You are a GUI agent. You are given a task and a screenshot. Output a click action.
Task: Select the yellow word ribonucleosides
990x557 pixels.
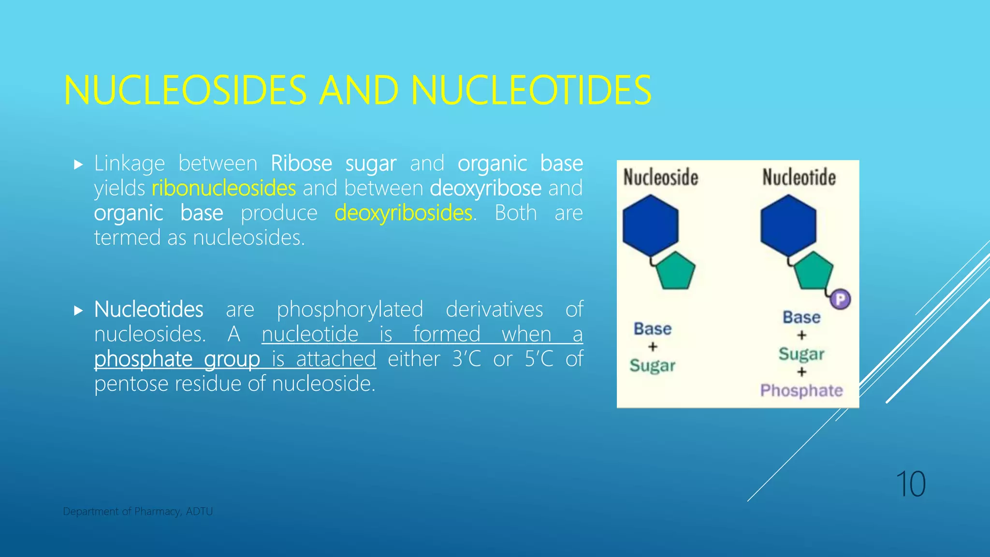point(223,188)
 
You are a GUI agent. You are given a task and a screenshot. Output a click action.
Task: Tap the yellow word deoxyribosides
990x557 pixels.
point(403,213)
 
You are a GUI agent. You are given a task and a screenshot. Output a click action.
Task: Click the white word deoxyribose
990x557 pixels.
point(485,188)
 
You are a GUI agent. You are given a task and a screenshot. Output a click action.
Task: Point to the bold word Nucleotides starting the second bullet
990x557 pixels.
point(148,309)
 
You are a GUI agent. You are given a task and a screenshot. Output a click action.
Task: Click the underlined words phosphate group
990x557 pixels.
point(177,359)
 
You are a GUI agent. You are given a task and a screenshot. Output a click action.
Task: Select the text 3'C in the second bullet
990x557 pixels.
point(466,359)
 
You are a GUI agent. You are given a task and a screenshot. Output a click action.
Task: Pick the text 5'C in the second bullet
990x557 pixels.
point(539,359)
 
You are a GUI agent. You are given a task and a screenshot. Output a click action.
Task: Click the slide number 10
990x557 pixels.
point(911,484)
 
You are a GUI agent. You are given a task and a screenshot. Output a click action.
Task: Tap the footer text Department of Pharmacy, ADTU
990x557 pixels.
point(138,512)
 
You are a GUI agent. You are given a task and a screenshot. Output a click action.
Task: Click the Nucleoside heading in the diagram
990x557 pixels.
point(660,177)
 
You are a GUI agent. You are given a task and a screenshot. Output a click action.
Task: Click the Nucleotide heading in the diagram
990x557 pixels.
point(799,177)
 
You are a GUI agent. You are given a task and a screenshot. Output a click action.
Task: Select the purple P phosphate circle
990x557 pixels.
point(840,299)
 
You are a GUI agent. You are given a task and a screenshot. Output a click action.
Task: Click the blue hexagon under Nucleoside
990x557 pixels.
point(650,225)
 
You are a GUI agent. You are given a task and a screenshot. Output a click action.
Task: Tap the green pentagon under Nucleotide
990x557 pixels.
point(814,271)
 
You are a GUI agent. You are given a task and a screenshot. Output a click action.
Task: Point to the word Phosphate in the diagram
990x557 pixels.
point(801,390)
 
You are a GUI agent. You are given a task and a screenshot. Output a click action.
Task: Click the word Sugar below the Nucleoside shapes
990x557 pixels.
point(652,366)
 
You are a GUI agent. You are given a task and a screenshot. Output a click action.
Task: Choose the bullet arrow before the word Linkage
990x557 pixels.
point(79,164)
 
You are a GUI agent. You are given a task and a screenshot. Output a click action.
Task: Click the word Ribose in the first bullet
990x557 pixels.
point(301,163)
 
